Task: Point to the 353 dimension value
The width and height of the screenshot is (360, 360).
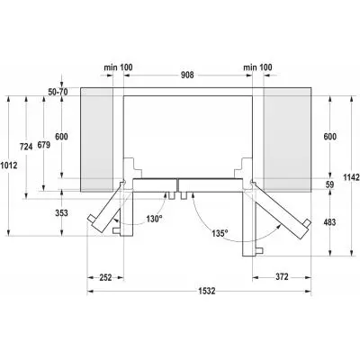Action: pyautogui.click(x=60, y=212)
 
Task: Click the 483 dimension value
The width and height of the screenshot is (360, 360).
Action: pyautogui.click(x=332, y=222)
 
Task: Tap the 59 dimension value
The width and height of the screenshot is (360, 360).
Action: pyautogui.click(x=331, y=185)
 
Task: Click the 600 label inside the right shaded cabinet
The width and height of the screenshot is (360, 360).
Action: pyautogui.click(x=331, y=136)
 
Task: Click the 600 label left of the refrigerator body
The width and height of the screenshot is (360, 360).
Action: pyautogui.click(x=61, y=136)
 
